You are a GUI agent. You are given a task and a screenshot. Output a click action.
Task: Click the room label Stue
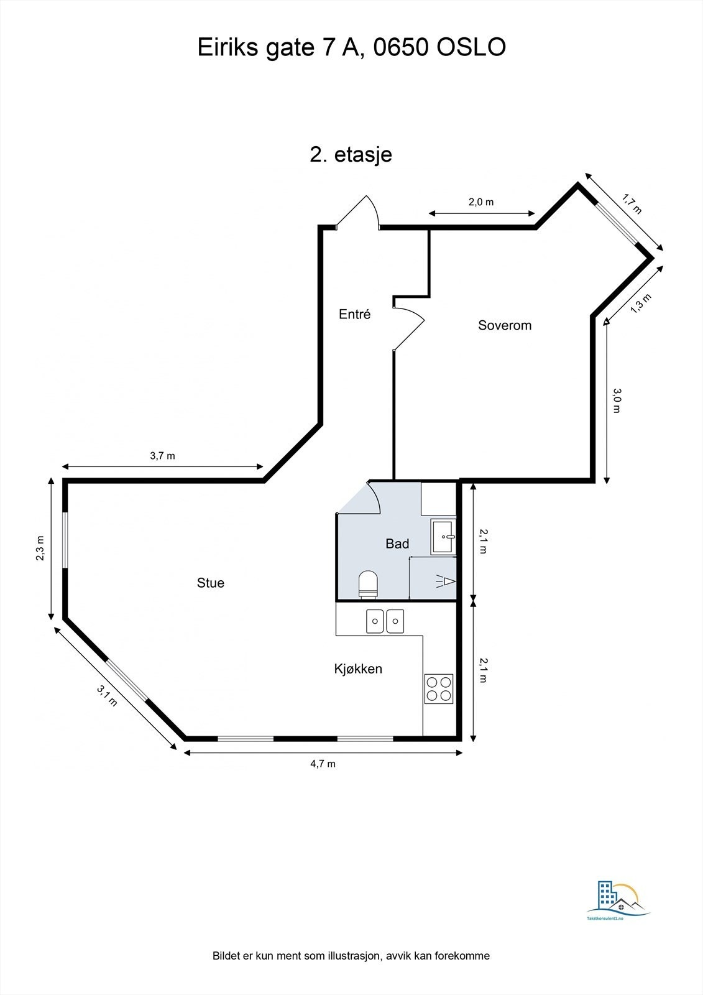tap(210, 583)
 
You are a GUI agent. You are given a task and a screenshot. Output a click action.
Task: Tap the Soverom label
tap(504, 325)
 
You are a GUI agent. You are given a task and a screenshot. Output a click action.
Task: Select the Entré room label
tap(354, 314)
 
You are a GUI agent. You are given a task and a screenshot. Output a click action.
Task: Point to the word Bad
tap(397, 544)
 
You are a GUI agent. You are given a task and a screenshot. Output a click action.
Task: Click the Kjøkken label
tap(358, 669)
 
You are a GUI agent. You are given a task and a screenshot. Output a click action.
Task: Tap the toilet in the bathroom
tap(368, 584)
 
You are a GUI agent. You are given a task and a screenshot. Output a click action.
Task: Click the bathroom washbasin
tap(444, 537)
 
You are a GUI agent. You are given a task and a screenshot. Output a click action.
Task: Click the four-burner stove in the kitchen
tap(438, 688)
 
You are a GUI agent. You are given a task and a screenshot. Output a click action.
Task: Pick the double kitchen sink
tap(385, 621)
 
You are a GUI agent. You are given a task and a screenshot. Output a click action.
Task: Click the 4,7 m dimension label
tap(323, 764)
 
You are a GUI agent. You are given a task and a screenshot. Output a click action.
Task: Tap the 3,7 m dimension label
tap(162, 456)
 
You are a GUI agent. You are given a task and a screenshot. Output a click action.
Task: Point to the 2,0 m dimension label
tap(480, 202)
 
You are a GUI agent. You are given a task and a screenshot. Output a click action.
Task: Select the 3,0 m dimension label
tap(617, 400)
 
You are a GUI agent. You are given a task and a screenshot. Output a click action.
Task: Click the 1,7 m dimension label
tap(632, 203)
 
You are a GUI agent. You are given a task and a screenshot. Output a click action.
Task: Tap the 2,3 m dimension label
tap(40, 548)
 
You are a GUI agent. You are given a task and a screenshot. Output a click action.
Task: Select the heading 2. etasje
tap(351, 154)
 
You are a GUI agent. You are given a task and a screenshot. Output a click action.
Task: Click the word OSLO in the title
tap(472, 47)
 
